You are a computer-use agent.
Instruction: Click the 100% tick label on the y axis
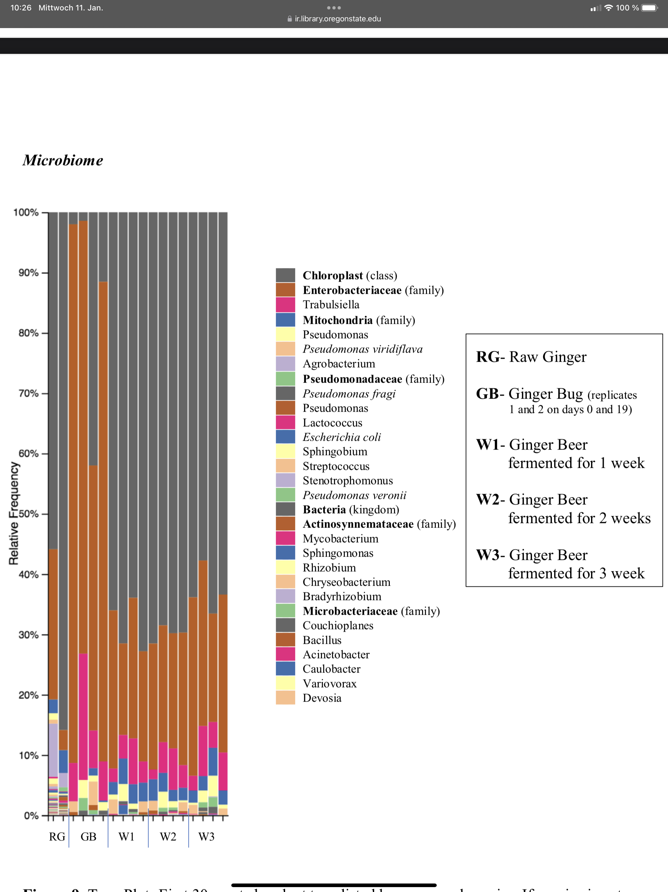(x=26, y=213)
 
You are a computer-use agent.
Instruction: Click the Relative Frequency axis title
(x=14, y=513)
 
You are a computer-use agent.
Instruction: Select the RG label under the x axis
(x=57, y=837)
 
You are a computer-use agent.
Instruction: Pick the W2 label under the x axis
(x=168, y=837)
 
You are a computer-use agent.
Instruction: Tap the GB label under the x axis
(x=88, y=837)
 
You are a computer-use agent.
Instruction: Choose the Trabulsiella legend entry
(x=331, y=305)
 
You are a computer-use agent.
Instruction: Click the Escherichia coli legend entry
(x=342, y=437)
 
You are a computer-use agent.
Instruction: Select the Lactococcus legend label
(x=332, y=422)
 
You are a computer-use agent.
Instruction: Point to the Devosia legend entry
(x=322, y=698)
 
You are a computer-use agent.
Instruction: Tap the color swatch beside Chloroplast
(x=285, y=276)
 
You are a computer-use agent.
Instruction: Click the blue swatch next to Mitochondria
(x=285, y=320)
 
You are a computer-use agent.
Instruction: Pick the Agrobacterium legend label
(x=339, y=364)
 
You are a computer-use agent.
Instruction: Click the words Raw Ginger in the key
(x=548, y=357)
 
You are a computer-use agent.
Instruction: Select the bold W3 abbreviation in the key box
(x=488, y=555)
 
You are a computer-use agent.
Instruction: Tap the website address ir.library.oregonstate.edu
(x=338, y=19)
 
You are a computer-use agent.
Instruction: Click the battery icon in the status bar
(x=649, y=8)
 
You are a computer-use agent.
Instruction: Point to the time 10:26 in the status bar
(x=21, y=8)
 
